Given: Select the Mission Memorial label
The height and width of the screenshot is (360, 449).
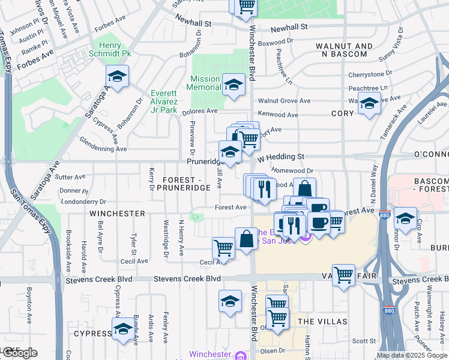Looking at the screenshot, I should (x=205, y=83).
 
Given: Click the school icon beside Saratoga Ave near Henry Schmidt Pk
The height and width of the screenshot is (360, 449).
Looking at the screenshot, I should (x=118, y=77).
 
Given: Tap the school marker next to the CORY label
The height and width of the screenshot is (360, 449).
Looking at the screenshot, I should (x=370, y=105).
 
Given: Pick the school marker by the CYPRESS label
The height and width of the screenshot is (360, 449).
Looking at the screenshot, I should (x=123, y=330).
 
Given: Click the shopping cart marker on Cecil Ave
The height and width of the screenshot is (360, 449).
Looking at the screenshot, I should (x=223, y=248).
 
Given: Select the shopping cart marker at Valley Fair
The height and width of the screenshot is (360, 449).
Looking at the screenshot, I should (x=343, y=275).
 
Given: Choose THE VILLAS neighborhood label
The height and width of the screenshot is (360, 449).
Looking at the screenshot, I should (x=322, y=322).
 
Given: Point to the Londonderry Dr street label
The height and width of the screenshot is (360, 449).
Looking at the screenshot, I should (x=83, y=202).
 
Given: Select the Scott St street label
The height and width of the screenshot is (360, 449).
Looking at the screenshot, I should (x=364, y=341).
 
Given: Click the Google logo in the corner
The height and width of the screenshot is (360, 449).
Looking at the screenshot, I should (x=19, y=353).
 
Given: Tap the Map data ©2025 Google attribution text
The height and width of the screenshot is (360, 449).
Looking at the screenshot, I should (x=411, y=355).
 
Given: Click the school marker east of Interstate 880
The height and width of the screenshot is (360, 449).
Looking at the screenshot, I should (x=406, y=218).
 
